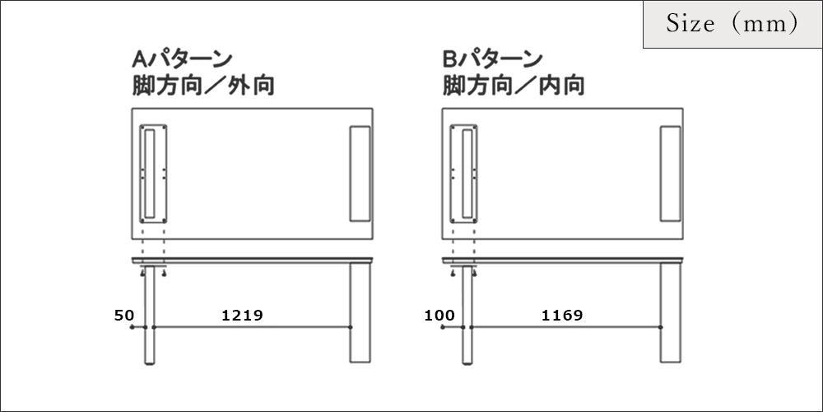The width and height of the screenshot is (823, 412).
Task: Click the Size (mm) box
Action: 732,24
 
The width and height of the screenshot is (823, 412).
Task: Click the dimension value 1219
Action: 242,316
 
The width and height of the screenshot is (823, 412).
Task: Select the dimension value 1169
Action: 562,316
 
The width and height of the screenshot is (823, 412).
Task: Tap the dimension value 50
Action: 124,316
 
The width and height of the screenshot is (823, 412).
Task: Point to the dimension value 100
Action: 439,316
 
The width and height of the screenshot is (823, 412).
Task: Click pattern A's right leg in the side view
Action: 360,312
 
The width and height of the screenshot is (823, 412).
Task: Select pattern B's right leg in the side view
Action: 670,312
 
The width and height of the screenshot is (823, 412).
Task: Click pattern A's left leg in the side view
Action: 149,314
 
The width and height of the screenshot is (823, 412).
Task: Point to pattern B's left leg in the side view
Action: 467,314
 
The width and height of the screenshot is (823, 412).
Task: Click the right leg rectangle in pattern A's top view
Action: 360,173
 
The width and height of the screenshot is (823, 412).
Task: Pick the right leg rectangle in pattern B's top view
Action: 670,173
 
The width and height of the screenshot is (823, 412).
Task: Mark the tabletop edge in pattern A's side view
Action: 252,260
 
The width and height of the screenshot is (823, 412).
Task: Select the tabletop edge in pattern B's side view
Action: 563,260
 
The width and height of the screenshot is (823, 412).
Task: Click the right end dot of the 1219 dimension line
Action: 351,327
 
